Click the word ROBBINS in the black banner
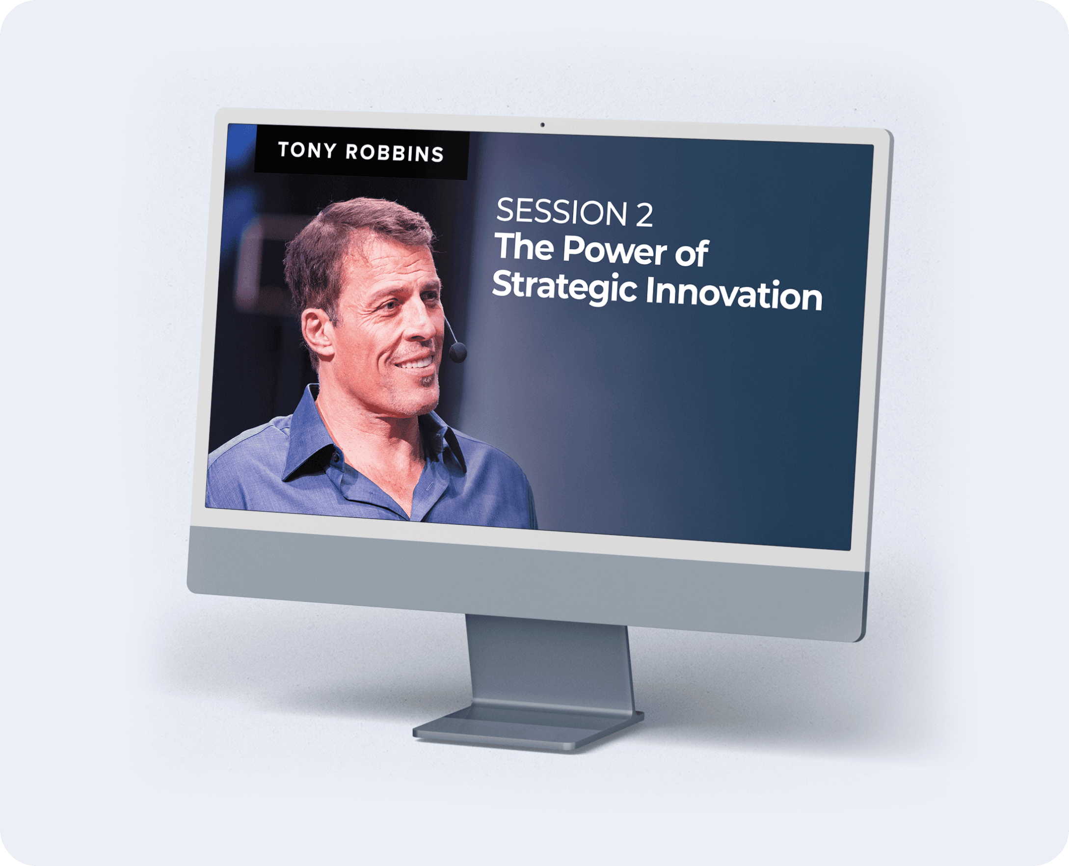pos(395,153)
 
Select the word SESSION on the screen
pos(561,212)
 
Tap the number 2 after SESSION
pos(643,215)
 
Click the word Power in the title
pos(615,250)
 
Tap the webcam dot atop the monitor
pos(542,125)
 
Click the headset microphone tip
pos(457,352)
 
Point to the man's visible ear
pos(318,332)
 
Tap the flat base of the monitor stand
pos(529,729)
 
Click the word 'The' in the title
pos(524,246)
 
